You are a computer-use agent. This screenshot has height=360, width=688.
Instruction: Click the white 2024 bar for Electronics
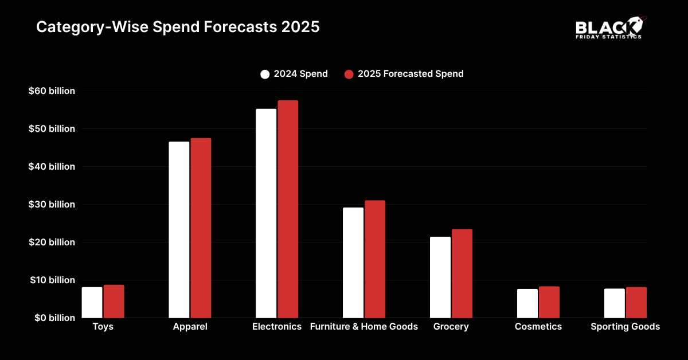tap(266, 213)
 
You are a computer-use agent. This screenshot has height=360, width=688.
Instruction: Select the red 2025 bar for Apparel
tap(201, 228)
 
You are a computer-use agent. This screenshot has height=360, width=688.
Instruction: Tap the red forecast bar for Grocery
tap(462, 273)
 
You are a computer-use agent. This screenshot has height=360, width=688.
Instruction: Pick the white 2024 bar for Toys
tap(92, 302)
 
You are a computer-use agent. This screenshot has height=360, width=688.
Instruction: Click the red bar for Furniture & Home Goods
tap(374, 259)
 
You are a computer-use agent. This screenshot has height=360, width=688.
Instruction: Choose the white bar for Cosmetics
tap(527, 303)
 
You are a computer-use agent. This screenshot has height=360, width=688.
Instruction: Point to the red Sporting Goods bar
tap(636, 302)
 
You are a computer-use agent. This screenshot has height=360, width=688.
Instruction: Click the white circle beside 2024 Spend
tap(265, 74)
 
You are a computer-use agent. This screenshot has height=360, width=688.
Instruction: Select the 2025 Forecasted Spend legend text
tap(411, 74)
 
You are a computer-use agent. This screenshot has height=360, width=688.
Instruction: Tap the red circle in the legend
tap(349, 74)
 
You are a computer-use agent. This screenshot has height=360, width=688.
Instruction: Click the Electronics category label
tap(277, 327)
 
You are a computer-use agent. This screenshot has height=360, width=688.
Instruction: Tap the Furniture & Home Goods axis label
tap(363, 327)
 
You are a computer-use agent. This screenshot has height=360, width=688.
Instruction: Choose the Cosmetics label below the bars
tap(538, 327)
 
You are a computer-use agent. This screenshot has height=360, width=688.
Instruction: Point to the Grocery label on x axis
tap(451, 327)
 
